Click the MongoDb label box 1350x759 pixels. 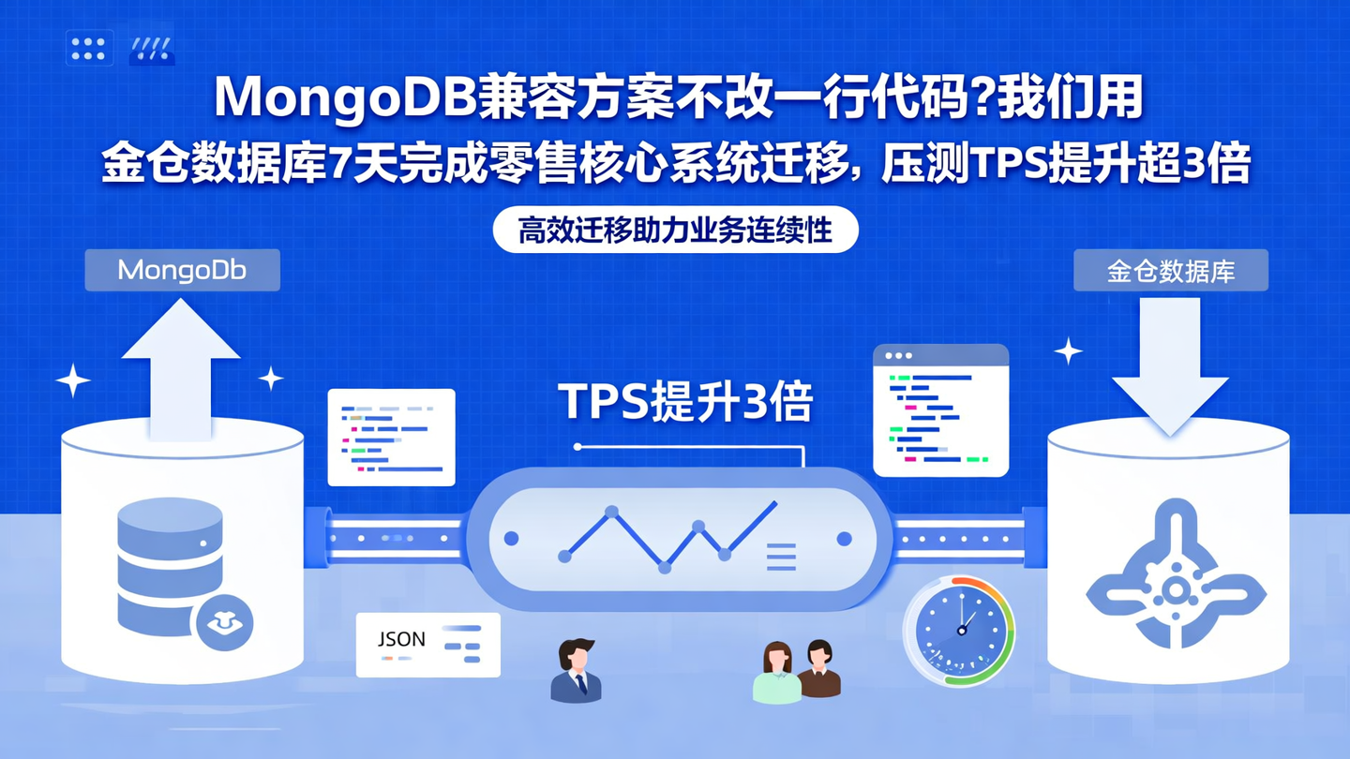click(182, 271)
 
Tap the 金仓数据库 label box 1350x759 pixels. click(1170, 271)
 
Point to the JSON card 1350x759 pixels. click(428, 645)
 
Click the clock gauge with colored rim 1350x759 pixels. click(959, 631)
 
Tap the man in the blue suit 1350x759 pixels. click(576, 671)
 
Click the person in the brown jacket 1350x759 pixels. click(819, 669)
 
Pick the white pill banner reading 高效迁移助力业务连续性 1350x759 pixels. click(675, 230)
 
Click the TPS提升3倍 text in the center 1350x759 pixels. click(685, 402)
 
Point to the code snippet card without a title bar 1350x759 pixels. click(391, 437)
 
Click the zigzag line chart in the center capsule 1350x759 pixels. click(667, 538)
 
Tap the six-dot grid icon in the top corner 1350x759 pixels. click(89, 49)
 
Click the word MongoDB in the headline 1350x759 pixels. click(344, 97)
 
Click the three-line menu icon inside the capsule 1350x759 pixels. click(781, 556)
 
